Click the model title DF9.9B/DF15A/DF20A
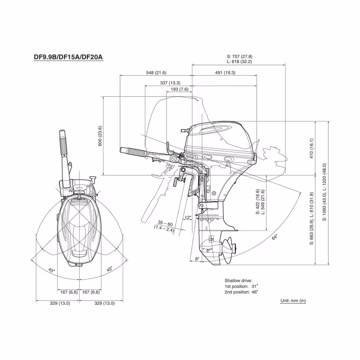pos(69,57)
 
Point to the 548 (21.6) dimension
pos(156,72)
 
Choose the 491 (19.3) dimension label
pos(224,72)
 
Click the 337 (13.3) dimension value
pos(170,83)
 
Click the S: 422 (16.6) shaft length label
pos(258,202)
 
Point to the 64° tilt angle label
pos(274,237)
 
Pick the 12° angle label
pos(188,218)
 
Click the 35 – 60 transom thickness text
pos(165,224)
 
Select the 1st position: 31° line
pos(242,286)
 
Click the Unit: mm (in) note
pos(293,301)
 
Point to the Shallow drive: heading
pos(238,280)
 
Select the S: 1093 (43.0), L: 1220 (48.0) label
pos(324,192)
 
